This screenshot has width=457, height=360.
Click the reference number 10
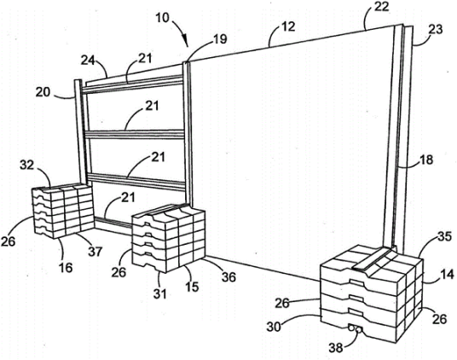click(163, 18)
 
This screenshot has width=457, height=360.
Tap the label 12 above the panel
click(288, 26)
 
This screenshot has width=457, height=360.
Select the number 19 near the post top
click(220, 38)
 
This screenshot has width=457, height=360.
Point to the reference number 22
click(381, 7)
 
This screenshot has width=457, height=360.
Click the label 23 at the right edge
click(436, 29)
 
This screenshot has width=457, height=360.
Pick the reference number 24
click(88, 61)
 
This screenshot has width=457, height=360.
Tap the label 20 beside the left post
click(43, 92)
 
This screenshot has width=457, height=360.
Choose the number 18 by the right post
click(426, 160)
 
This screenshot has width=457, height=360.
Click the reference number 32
click(26, 165)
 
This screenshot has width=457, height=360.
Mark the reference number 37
click(95, 252)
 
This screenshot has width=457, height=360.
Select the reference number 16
click(66, 267)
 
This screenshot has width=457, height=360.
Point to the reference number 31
click(159, 293)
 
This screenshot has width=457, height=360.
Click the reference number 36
click(228, 277)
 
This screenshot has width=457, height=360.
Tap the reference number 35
click(445, 236)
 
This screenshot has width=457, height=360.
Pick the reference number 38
click(336, 347)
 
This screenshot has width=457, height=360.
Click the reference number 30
click(274, 326)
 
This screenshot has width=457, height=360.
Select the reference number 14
click(448, 275)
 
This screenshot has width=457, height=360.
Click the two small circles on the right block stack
click(356, 328)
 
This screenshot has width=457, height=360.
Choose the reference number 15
click(192, 287)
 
